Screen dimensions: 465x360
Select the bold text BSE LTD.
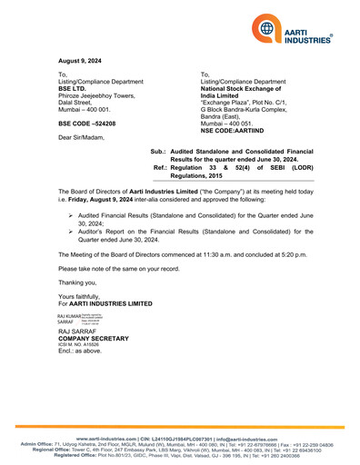click(75, 89)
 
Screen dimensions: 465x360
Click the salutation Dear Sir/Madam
click(82, 137)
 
